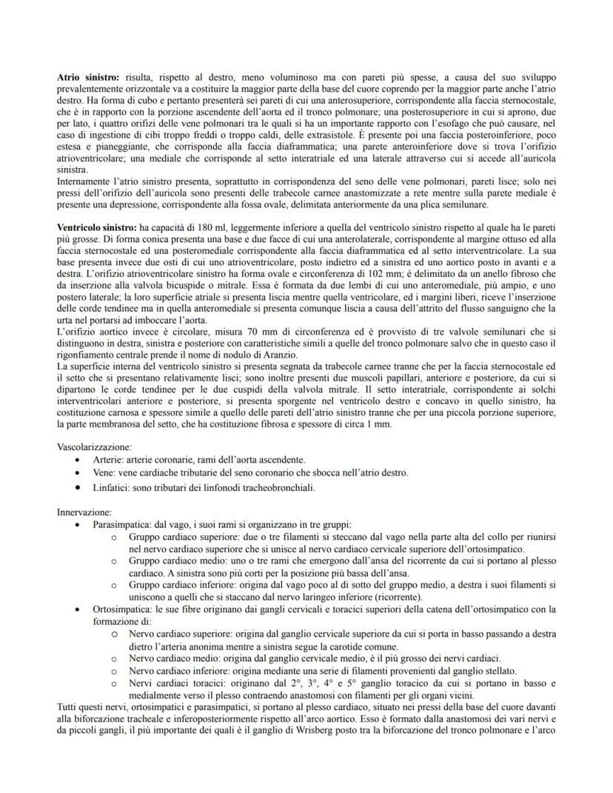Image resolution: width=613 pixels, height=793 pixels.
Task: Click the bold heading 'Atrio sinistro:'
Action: coord(89,77)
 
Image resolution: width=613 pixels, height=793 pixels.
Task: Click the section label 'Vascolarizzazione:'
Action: coord(95,446)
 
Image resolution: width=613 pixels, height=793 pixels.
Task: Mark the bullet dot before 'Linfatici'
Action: coord(78,488)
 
